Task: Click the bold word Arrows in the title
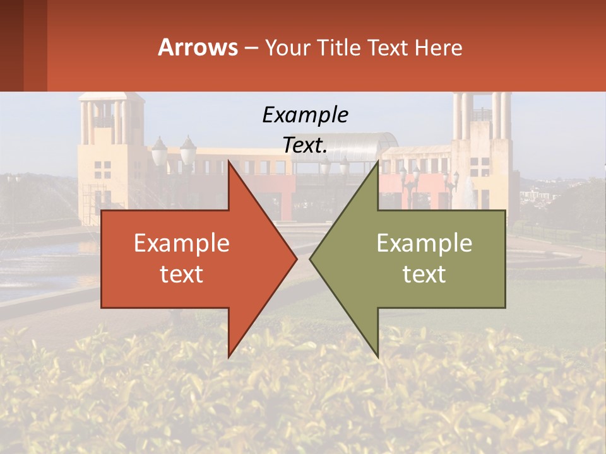pos(198,47)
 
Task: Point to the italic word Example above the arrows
pos(305,115)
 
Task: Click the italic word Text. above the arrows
pos(305,145)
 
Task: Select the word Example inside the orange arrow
pos(181,243)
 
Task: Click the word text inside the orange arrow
pos(181,274)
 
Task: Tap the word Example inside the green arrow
pos(424,243)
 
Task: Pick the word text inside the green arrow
pos(424,274)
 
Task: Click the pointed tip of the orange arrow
pos(297,259)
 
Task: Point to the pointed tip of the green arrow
pos(310,259)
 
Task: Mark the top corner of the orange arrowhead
pos(229,161)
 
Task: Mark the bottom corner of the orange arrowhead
pos(229,357)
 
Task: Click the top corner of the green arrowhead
pos(378,161)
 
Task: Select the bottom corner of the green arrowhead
pos(378,357)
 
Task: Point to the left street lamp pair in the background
pos(173,151)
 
